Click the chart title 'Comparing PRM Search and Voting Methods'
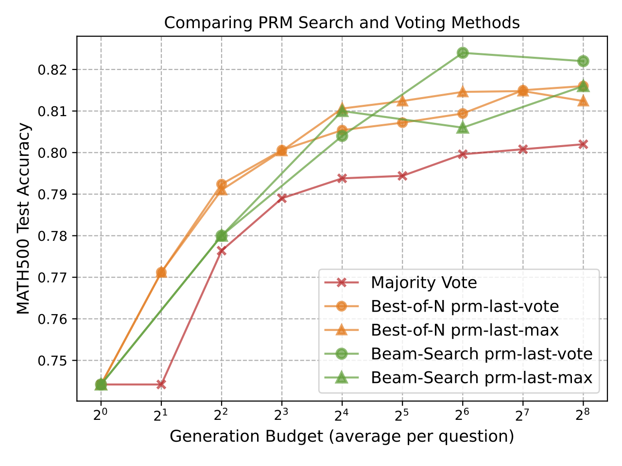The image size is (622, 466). click(x=342, y=23)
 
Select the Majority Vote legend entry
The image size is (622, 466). click(x=423, y=283)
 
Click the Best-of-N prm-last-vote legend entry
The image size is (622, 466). click(x=464, y=306)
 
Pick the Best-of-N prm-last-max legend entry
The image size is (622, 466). click(x=464, y=330)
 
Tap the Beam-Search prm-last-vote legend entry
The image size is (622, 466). click(x=481, y=354)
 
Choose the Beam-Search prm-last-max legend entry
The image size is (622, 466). click(x=481, y=378)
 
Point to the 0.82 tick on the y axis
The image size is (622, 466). click(x=54, y=70)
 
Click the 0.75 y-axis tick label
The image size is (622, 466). click(x=54, y=361)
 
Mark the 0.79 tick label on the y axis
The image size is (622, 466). click(x=54, y=195)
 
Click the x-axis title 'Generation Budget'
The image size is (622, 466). click(x=342, y=436)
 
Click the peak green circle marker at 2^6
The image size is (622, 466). click(x=463, y=53)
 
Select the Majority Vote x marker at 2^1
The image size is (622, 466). click(x=161, y=384)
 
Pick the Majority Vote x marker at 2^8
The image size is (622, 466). click(x=583, y=144)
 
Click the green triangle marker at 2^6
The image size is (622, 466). click(x=463, y=128)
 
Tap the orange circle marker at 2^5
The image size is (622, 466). click(x=402, y=122)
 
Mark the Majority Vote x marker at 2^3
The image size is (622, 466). click(x=282, y=198)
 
